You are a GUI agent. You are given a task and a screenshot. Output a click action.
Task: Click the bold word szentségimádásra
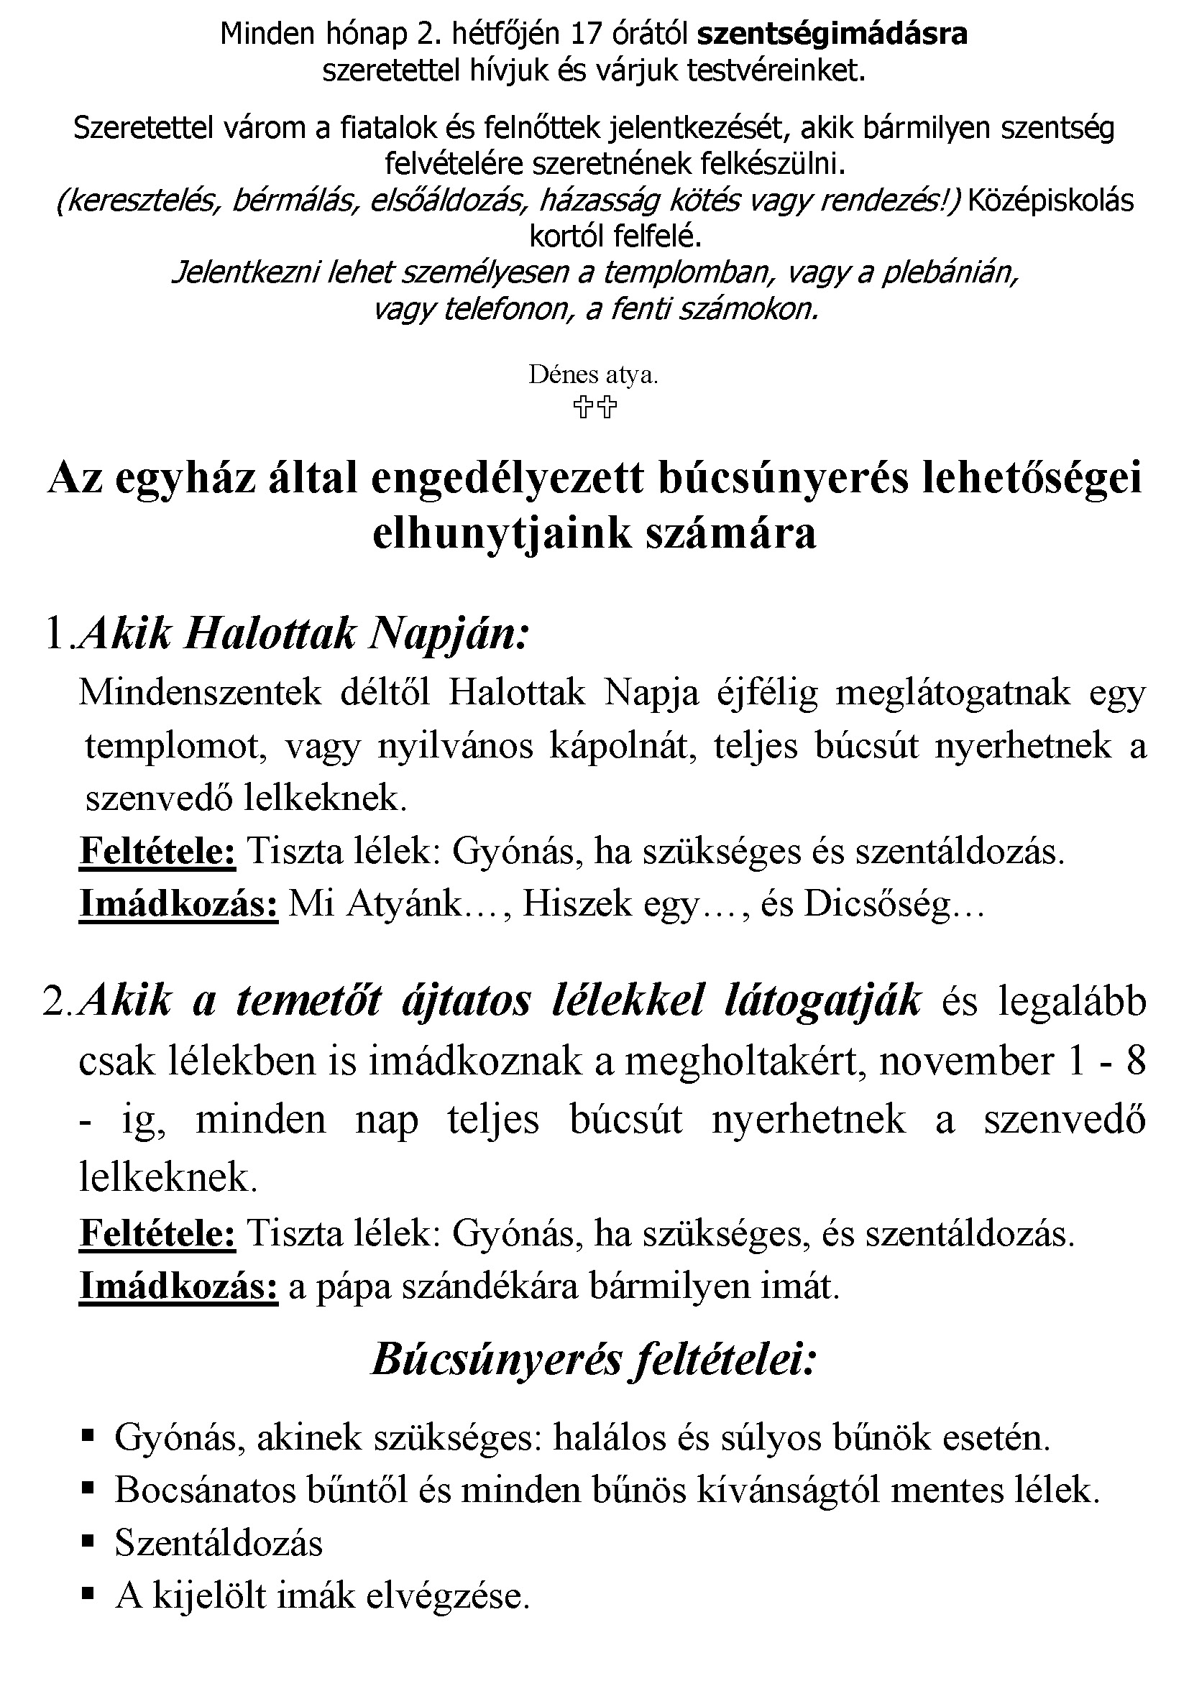[x=832, y=34]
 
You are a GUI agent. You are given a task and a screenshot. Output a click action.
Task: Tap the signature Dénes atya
[x=594, y=375]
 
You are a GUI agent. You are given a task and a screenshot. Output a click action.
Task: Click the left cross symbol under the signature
[x=583, y=406]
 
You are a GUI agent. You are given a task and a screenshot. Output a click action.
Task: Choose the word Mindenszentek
[x=200, y=692]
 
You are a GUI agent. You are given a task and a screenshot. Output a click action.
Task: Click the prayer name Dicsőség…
[x=895, y=905]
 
